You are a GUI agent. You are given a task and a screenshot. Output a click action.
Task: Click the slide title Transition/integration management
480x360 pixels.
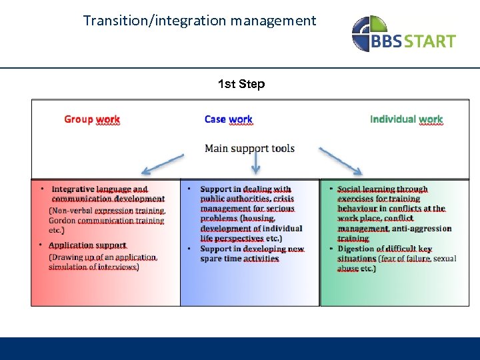[x=199, y=21]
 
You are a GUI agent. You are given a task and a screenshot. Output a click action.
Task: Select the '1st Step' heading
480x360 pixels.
[x=241, y=84]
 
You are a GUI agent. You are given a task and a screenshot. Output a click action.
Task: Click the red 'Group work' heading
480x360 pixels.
[x=92, y=119]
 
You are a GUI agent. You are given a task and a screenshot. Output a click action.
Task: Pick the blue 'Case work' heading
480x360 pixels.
[x=228, y=119]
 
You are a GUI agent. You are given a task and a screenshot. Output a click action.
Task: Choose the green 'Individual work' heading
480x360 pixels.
[x=406, y=119]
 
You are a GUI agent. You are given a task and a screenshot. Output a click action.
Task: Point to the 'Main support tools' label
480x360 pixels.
[x=249, y=148]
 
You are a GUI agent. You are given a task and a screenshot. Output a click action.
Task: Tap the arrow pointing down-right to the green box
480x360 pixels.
[x=341, y=162]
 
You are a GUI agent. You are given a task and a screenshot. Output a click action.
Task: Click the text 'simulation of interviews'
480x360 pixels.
[x=93, y=267]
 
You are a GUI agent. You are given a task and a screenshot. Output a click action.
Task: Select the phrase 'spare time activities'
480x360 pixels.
[x=239, y=259]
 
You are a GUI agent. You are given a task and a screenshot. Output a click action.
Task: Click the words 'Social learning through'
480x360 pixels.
[x=382, y=189]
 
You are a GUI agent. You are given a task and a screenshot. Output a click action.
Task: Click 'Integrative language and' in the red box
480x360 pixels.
[x=99, y=189]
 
